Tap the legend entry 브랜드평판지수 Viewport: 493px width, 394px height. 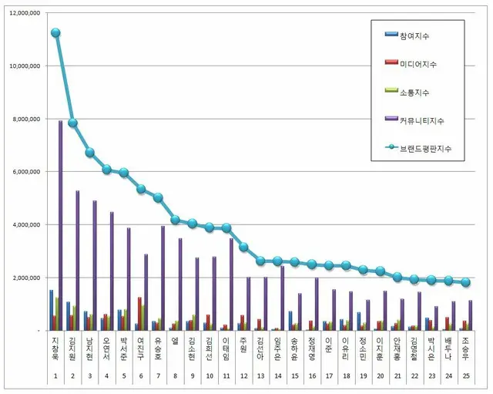pos(428,149)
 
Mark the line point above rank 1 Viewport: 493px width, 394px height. pos(55,32)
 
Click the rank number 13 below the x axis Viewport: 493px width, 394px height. pos(260,375)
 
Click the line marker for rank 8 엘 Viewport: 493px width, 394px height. pos(175,220)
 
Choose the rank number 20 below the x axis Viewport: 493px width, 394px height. pos(381,375)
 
